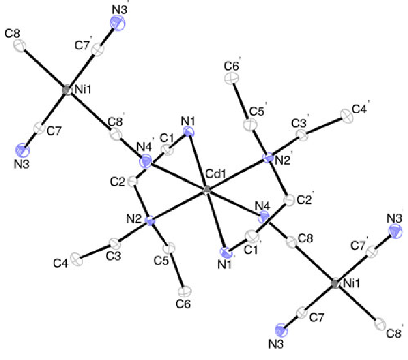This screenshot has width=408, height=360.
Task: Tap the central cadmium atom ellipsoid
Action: point(206,192)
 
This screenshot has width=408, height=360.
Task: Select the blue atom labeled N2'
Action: point(265,158)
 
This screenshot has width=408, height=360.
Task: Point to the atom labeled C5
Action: point(169,249)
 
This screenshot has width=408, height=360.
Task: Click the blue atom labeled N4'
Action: point(147,163)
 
